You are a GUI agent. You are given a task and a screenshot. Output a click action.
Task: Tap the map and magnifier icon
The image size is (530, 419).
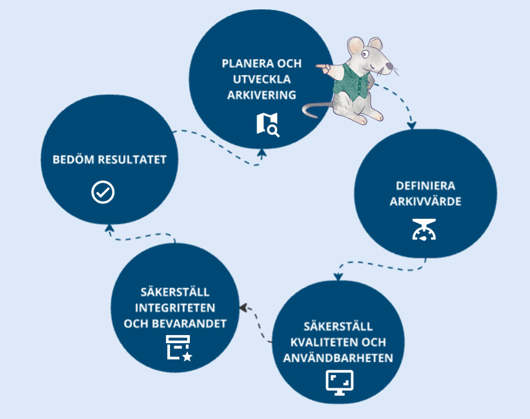pos(267,124)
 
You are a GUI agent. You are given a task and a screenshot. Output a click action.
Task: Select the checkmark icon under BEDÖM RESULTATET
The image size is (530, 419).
pos(103,192)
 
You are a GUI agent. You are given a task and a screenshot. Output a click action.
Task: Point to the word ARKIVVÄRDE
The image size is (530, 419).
pos(425,202)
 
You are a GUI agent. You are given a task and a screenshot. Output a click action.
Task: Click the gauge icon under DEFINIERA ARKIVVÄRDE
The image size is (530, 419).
pos(425,229)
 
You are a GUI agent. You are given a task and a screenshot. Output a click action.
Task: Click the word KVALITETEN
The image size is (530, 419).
pos(322,342)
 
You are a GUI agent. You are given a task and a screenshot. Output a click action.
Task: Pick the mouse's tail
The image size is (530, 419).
pos(315,111)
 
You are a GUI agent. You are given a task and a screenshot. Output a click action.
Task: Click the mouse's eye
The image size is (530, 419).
pos(366,54)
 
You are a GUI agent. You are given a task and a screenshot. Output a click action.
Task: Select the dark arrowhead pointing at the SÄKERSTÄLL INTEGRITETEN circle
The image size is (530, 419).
pos(243,307)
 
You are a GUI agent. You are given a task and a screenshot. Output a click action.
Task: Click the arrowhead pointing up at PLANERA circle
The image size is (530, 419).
pos(262,153)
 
